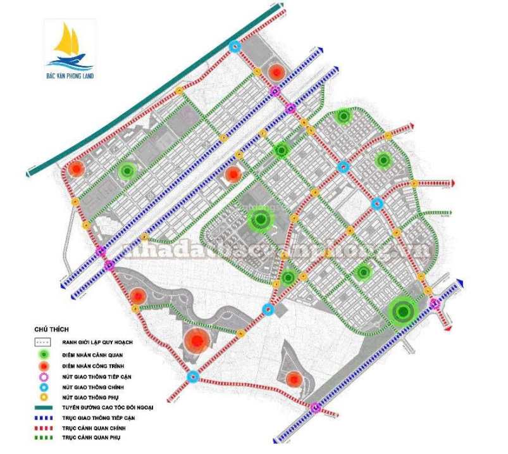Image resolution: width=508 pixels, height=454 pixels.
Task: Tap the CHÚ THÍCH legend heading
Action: (x=52, y=330)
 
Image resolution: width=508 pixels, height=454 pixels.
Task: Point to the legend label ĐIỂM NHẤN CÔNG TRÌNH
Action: (x=95, y=364)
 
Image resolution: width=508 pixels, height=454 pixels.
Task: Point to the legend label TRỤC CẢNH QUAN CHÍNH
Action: (x=93, y=428)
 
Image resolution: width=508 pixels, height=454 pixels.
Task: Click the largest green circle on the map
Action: (x=402, y=311)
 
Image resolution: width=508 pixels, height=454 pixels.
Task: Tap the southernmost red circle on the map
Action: (x=294, y=379)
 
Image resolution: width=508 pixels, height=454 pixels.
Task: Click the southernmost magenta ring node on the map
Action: (x=315, y=408)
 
